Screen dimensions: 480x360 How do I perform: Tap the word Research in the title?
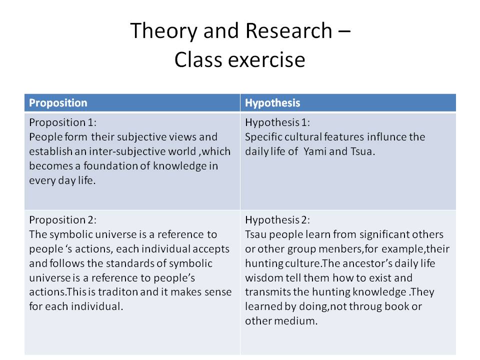288,30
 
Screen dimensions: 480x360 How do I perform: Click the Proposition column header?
58,103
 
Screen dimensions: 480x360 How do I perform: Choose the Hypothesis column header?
272,103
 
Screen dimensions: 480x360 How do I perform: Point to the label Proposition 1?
63,122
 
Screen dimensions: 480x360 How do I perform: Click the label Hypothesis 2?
277,220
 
